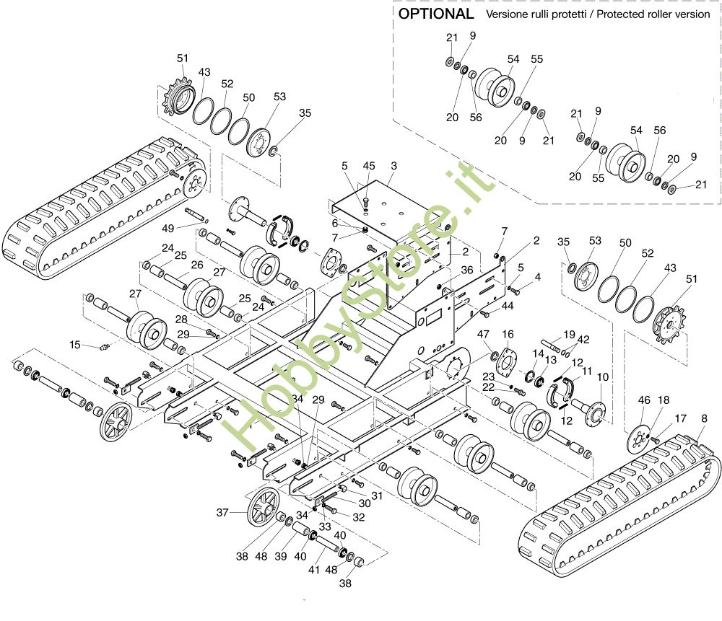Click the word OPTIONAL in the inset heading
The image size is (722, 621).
(436, 14)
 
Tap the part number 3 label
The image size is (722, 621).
(393, 166)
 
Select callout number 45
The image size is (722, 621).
(369, 166)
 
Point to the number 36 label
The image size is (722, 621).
(466, 269)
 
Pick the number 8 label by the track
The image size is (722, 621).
(704, 418)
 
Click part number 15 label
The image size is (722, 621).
(75, 344)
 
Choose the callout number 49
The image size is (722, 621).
(168, 229)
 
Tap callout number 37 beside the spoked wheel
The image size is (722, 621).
(222, 513)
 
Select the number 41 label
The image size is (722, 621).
(313, 570)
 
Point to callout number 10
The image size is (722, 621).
(603, 377)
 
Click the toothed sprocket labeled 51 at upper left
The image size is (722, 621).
(178, 97)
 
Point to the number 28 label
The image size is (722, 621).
(181, 319)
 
